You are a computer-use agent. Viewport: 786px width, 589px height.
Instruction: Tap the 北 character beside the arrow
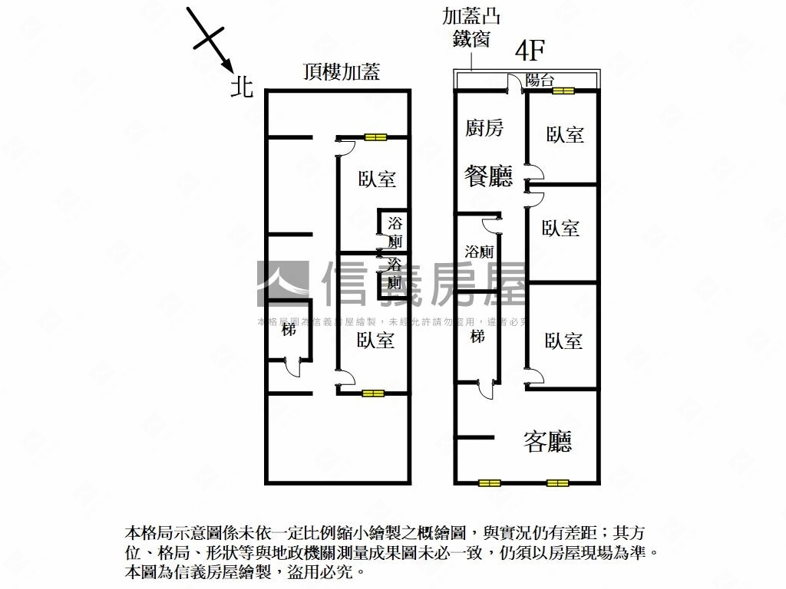click(242, 87)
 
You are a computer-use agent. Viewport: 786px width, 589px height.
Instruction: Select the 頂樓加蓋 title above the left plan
click(342, 73)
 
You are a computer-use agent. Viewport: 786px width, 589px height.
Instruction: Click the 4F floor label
click(530, 51)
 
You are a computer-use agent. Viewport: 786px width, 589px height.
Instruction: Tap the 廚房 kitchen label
click(484, 128)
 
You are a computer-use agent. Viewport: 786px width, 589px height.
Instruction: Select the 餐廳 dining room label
click(488, 177)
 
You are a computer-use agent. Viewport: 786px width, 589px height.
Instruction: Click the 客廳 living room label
click(549, 441)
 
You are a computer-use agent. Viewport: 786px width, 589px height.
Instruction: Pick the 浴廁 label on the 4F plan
click(479, 252)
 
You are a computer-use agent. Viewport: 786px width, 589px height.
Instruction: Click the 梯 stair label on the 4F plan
click(477, 336)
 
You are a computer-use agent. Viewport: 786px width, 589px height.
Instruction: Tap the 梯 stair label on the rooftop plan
click(289, 331)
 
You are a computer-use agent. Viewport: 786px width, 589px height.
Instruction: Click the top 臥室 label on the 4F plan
click(565, 136)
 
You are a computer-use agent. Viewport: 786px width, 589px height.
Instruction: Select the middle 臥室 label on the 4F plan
click(560, 229)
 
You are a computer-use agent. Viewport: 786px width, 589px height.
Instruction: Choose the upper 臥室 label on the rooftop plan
click(377, 179)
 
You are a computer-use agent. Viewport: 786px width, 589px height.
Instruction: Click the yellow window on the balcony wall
click(563, 90)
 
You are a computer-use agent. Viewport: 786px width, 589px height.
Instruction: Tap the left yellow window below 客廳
click(489, 483)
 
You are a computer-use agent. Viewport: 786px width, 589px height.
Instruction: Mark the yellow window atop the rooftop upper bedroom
click(375, 137)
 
